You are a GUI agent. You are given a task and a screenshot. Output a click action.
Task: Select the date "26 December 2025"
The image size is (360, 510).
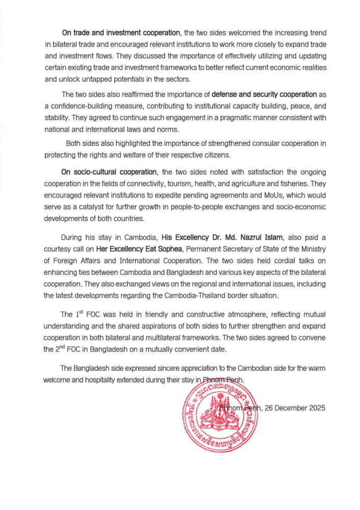point(293,408)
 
